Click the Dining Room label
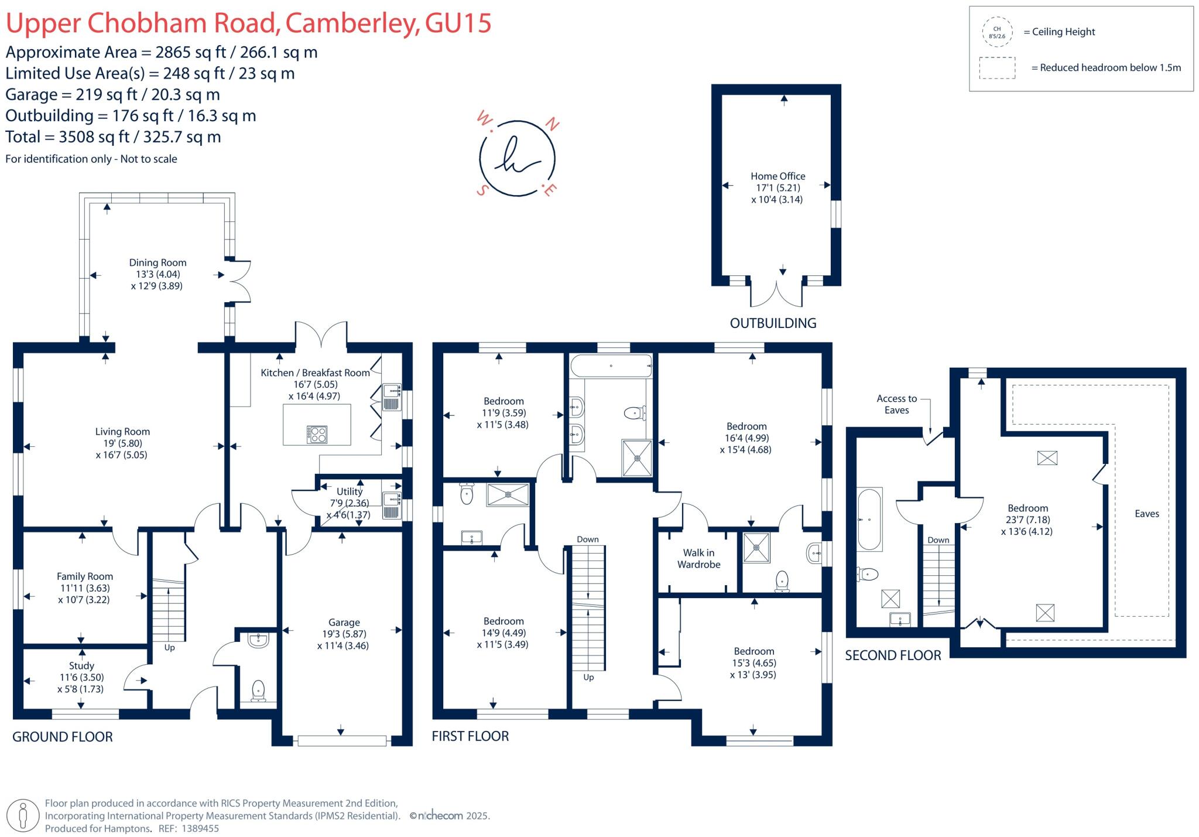pos(157,263)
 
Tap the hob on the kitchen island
pos(317,434)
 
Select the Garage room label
pos(344,623)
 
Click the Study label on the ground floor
pos(81,666)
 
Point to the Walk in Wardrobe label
pos(698,559)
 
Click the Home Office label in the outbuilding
pos(777,176)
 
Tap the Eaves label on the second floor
pos(1146,514)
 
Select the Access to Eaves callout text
pos(896,404)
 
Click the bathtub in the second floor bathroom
pos(869,519)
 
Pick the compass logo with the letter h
pos(517,159)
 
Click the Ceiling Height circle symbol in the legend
pos(997,32)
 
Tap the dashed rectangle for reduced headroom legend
pos(997,68)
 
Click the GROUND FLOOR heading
pos(63,737)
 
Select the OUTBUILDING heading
pos(773,323)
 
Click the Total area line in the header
pos(113,137)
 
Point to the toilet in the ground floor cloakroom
pos(258,691)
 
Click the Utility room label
pos(350,492)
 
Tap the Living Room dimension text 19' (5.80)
pos(122,443)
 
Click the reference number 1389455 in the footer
pos(200,829)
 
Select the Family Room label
pos(85,576)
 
